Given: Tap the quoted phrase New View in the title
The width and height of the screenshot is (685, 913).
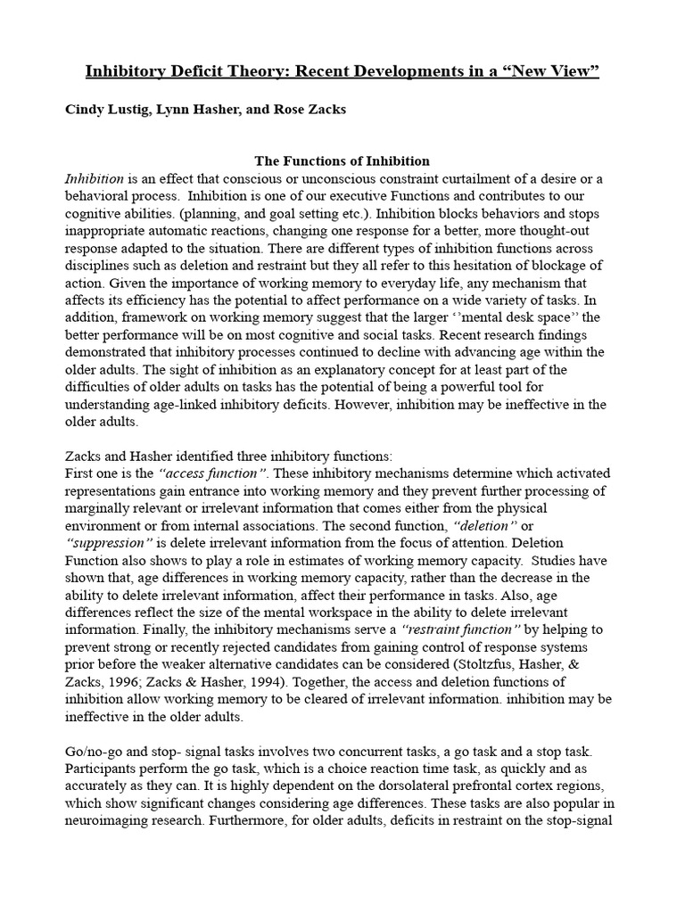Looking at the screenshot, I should (550, 71).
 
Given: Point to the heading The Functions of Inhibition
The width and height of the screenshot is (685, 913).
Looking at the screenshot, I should (342, 161).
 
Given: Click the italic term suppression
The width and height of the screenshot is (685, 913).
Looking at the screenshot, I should (110, 542).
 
